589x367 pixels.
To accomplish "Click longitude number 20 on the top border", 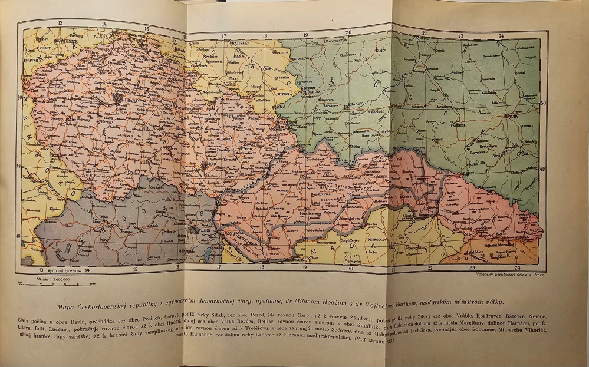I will pyautogui.click(x=348, y=32).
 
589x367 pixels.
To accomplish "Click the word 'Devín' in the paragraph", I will pyautogui.click(x=82, y=318).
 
